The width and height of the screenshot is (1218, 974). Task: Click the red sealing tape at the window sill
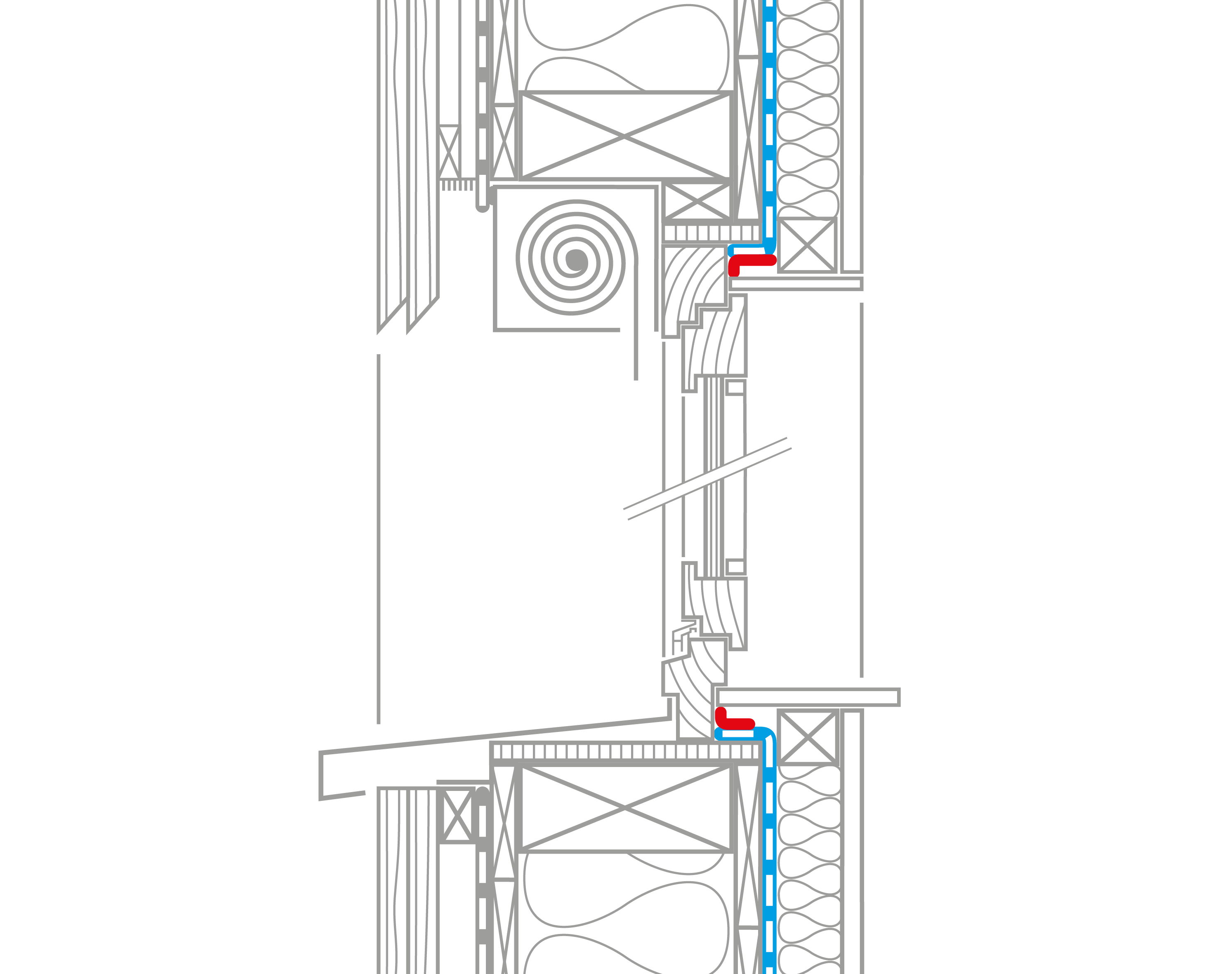[735, 723]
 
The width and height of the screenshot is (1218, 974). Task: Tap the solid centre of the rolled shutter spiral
[576, 260]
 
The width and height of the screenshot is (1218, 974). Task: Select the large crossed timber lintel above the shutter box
[625, 136]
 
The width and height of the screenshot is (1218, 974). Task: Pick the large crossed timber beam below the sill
[625, 809]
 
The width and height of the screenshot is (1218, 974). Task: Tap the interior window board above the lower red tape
[808, 697]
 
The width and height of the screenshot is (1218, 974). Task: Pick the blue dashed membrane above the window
[769, 113]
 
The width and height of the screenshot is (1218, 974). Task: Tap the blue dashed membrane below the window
[769, 847]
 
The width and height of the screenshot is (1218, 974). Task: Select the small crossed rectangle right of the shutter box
[697, 201]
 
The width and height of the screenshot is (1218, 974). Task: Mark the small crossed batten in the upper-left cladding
[449, 153]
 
